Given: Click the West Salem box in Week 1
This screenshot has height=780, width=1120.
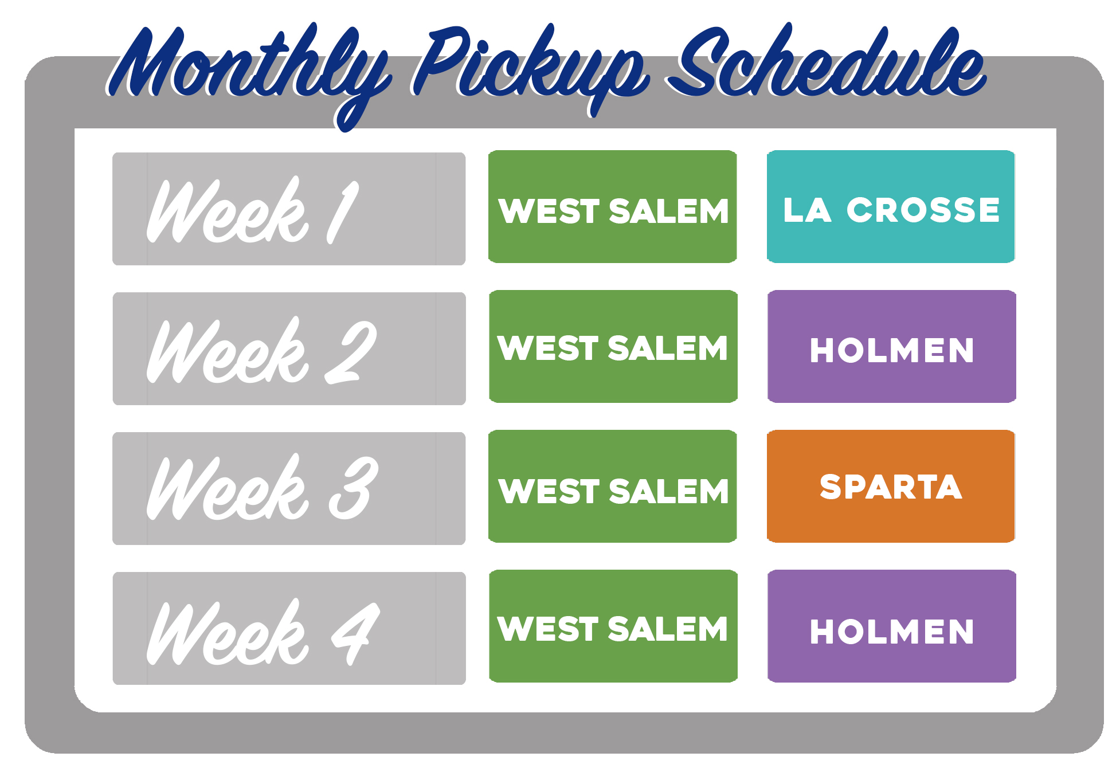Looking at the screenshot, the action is tap(613, 207).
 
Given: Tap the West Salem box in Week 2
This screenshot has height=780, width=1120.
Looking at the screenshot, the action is tap(613, 347).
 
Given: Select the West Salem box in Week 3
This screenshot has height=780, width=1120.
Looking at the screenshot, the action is tap(613, 487).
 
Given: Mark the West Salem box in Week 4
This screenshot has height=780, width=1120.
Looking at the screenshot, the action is tap(613, 626).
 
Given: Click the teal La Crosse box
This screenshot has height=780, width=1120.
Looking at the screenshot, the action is tap(891, 207).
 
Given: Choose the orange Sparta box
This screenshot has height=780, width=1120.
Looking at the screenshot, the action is tap(891, 487).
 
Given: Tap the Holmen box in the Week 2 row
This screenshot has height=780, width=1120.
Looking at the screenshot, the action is tap(892, 347).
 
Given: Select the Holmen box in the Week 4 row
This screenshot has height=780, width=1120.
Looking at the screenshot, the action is tap(892, 626).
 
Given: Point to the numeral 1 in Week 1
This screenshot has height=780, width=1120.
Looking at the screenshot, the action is tap(343, 212).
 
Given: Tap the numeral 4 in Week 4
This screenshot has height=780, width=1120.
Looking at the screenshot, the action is tap(355, 634).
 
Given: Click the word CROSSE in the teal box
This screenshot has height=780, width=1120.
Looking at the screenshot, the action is tap(923, 210).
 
